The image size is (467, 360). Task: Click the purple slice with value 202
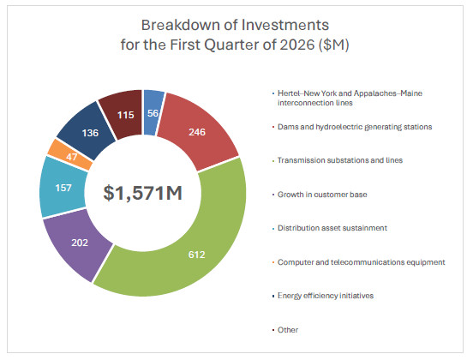pos(79,243)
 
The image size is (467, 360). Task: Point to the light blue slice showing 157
pos(63,188)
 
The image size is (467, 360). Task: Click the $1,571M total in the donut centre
pos(142,193)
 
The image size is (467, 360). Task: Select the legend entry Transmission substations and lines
pos(340,160)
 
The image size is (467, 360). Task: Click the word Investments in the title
pos(285,25)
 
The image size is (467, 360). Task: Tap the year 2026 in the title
pos(297,45)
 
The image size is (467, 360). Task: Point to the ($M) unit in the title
pos(333,45)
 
